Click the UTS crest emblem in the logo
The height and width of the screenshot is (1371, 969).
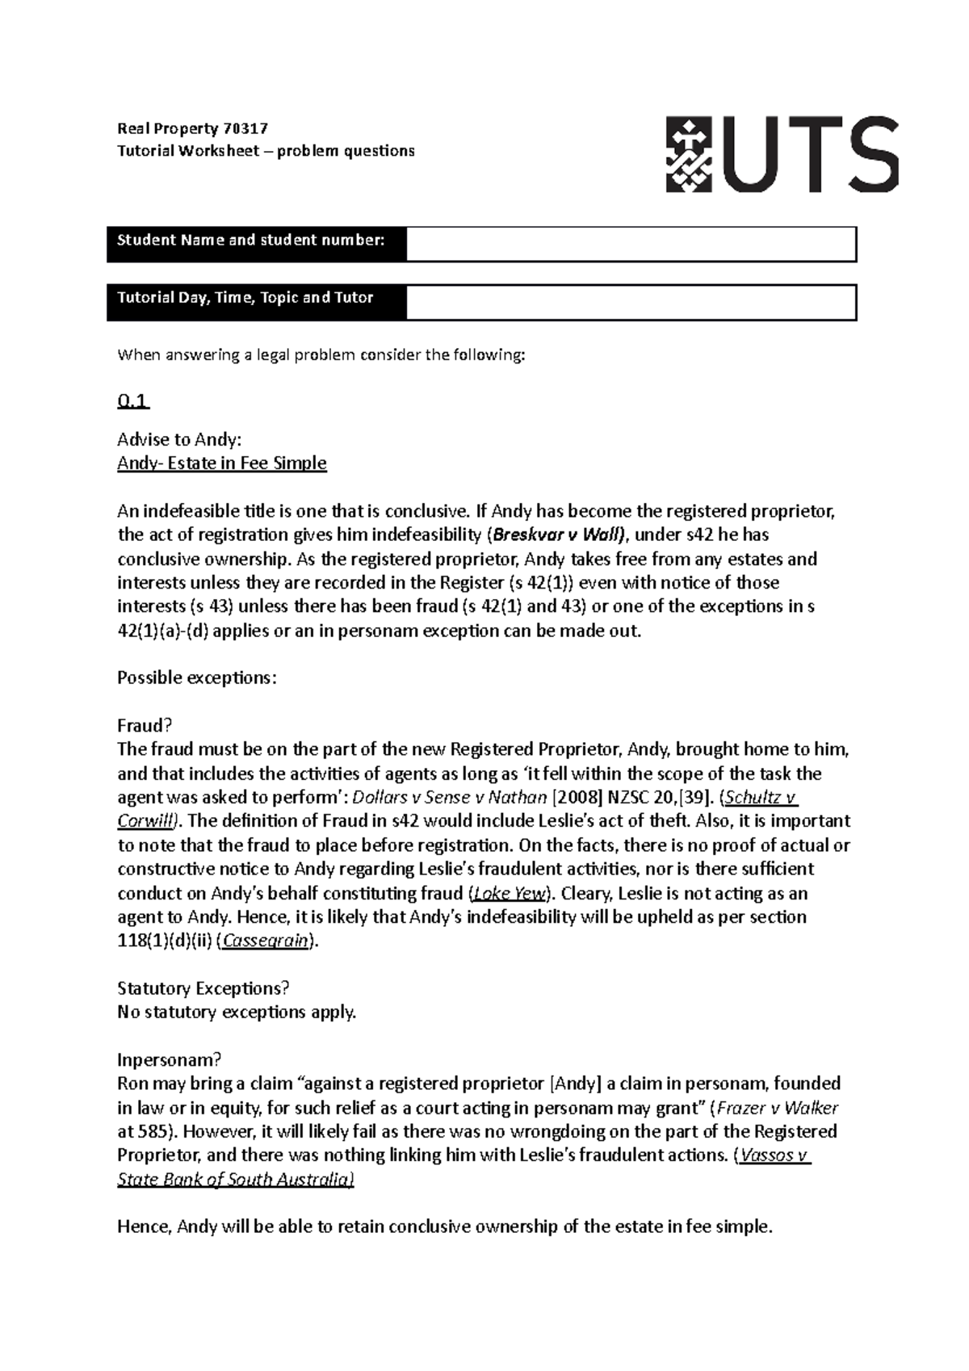click(688, 154)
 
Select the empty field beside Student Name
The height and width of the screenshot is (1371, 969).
click(630, 245)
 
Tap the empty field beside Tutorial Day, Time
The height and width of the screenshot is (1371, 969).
click(630, 303)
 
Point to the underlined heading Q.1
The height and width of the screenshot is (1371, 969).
click(133, 401)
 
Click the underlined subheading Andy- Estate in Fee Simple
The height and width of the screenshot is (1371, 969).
click(222, 463)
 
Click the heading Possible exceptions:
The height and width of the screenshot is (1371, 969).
click(197, 677)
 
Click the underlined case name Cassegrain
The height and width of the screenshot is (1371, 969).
click(266, 941)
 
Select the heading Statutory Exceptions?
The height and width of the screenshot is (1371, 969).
click(203, 988)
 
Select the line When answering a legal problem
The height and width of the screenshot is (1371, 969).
click(321, 354)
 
